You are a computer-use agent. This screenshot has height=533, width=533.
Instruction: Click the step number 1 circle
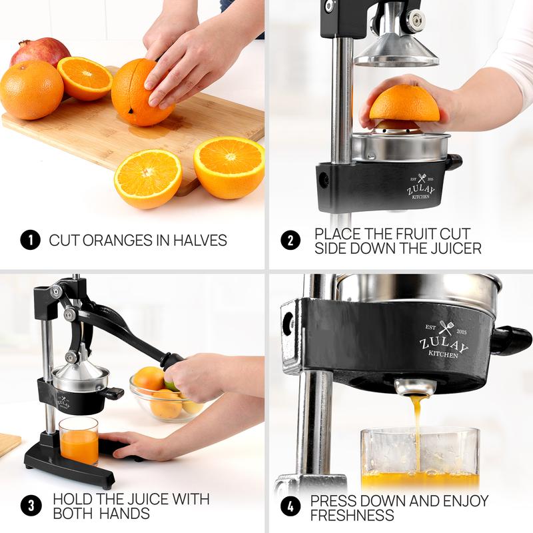pyautogui.click(x=29, y=240)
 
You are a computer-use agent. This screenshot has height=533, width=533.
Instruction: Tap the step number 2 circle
pyautogui.click(x=290, y=240)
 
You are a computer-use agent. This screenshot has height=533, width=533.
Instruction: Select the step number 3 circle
pyautogui.click(x=29, y=506)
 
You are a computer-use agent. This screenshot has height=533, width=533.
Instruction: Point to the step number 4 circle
pyautogui.click(x=290, y=506)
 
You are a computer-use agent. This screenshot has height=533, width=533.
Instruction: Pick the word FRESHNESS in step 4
pyautogui.click(x=352, y=515)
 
